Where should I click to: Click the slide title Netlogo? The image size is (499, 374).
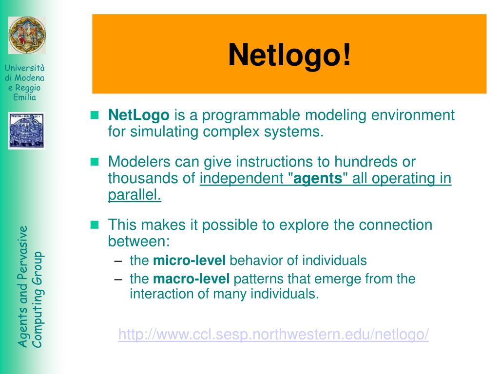point(289,55)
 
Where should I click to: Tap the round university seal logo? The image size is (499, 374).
point(27,35)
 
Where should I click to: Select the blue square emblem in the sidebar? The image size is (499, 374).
point(26,131)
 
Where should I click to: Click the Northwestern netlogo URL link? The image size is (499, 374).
point(273,335)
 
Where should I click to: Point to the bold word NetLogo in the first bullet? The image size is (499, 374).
point(139,115)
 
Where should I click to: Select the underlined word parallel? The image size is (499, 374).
point(134,195)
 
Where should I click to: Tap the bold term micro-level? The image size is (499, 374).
point(189,261)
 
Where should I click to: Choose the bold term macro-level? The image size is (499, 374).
point(191,279)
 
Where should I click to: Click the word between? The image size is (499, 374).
point(138,241)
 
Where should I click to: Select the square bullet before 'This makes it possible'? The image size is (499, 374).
point(95,224)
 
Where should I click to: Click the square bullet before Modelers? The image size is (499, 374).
point(95,161)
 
